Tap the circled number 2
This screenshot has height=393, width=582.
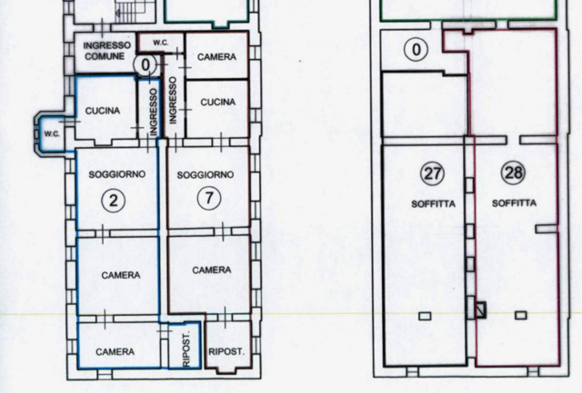coord(113,201)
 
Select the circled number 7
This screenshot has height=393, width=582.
coord(209,198)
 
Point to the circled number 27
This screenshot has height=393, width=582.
coord(433,173)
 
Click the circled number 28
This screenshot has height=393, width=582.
coord(513,172)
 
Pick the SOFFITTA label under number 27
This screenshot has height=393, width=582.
coord(433,203)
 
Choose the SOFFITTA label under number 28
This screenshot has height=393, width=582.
coord(514,203)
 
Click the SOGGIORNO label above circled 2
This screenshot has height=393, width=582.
coord(117,174)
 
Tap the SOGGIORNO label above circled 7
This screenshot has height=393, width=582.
coord(206,174)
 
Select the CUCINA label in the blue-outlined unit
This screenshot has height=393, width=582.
coord(103,111)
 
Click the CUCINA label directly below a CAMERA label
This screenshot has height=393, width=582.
coord(218,102)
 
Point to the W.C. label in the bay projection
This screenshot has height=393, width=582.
coord(52,133)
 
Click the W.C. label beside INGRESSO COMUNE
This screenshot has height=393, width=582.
coord(161,43)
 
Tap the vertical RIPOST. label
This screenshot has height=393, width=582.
coord(186,349)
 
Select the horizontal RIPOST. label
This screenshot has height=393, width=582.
coord(226,351)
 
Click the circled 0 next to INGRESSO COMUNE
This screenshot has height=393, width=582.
coord(145,64)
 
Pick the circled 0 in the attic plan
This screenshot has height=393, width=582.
coord(416,49)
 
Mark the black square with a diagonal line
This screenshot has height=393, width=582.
coord(481,309)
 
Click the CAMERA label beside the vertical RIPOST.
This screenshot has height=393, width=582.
coord(115,351)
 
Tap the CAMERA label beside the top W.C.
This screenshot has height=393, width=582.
coord(216,56)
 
